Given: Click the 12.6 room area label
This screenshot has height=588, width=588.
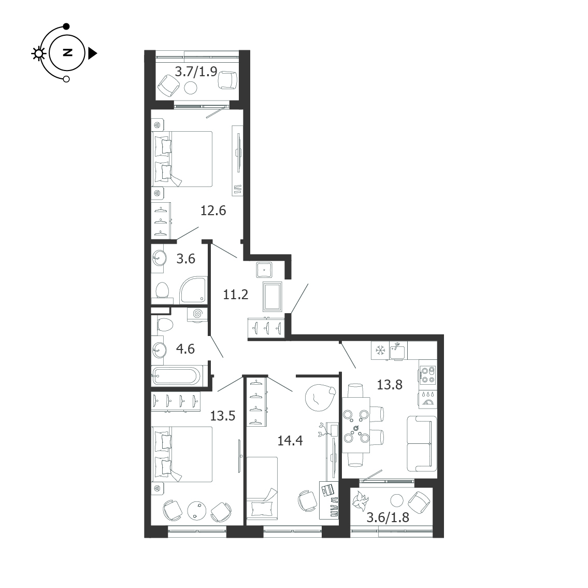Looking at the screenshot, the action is [213, 211].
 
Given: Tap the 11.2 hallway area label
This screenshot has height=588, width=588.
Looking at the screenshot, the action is [236, 295].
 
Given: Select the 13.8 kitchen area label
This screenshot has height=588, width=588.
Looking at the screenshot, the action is [389, 385].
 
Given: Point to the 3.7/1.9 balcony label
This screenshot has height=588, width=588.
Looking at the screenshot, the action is [196, 71].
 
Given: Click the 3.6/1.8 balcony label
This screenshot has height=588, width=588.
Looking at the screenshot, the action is [388, 517].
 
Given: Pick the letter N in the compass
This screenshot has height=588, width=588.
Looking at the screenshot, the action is [67, 52].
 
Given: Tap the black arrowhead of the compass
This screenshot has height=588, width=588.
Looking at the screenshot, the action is [92, 53].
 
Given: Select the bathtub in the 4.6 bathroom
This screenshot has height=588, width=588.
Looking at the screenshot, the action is [177, 375].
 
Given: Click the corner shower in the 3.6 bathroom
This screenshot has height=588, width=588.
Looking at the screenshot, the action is [194, 290].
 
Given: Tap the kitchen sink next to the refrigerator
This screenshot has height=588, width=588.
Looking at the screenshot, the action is [398, 351].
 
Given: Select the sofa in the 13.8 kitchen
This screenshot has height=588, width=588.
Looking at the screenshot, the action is [422, 443].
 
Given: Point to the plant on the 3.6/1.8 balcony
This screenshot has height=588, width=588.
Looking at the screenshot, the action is [361, 501].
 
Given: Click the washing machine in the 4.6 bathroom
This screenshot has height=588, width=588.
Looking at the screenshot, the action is [197, 314].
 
